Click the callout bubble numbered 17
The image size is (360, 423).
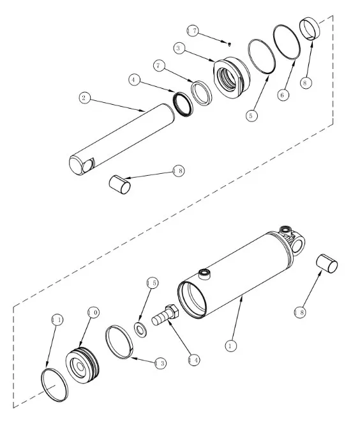point(193,31)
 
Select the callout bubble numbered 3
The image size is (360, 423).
point(178,49)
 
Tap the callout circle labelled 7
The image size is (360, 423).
point(159,66)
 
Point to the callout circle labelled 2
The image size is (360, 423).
point(85,98)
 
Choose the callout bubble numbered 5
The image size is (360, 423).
point(251,116)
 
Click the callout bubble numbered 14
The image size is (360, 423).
point(194,360)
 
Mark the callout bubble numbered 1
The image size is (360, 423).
point(230,346)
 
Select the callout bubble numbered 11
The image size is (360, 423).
point(57,320)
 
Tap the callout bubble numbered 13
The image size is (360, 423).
point(161,364)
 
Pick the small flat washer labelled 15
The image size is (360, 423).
point(140,329)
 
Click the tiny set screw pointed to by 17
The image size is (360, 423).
point(229,44)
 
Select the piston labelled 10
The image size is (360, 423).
point(82,364)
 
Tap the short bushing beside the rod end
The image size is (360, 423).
point(120,184)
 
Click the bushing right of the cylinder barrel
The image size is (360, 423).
point(327,263)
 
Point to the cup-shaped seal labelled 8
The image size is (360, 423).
point(310,28)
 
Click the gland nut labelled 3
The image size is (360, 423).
point(232,78)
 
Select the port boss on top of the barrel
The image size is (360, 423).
point(204,274)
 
